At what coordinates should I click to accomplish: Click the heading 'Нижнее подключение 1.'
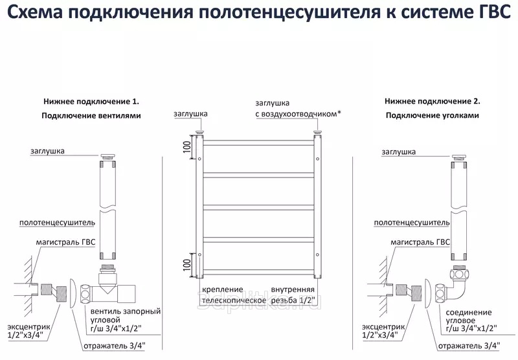[91, 102]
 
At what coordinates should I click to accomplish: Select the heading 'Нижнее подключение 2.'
[432, 102]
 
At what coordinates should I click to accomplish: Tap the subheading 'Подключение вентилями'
[91, 116]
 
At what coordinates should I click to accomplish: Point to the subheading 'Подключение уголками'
[432, 116]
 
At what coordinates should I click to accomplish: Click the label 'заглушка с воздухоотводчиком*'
[298, 108]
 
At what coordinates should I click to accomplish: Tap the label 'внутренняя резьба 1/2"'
[293, 295]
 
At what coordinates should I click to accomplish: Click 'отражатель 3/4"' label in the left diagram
[114, 345]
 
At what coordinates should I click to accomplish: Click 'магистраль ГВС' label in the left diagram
[65, 242]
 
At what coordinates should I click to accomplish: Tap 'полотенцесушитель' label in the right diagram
[411, 222]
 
